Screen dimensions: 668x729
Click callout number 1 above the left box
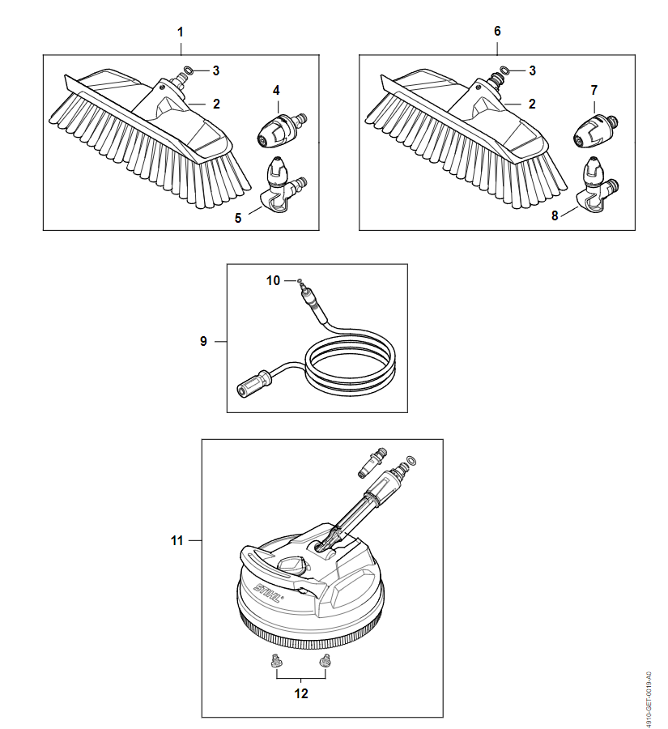click(181, 32)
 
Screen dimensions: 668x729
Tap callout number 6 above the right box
click(497, 31)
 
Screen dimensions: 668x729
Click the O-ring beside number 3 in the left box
click(189, 70)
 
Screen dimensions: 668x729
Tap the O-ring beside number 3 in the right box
click(504, 70)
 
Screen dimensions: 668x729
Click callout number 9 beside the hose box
click(203, 341)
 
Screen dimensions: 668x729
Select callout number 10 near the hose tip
click(274, 280)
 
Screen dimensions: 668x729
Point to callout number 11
click(177, 541)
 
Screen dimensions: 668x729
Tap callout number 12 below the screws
click(301, 693)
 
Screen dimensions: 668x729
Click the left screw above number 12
click(276, 661)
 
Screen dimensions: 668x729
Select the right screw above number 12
click(325, 660)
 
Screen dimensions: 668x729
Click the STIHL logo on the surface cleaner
click(268, 593)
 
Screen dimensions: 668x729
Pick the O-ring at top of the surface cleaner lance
click(411, 462)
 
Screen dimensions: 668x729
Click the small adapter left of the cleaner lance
click(372, 463)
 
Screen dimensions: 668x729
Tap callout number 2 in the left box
click(217, 104)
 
